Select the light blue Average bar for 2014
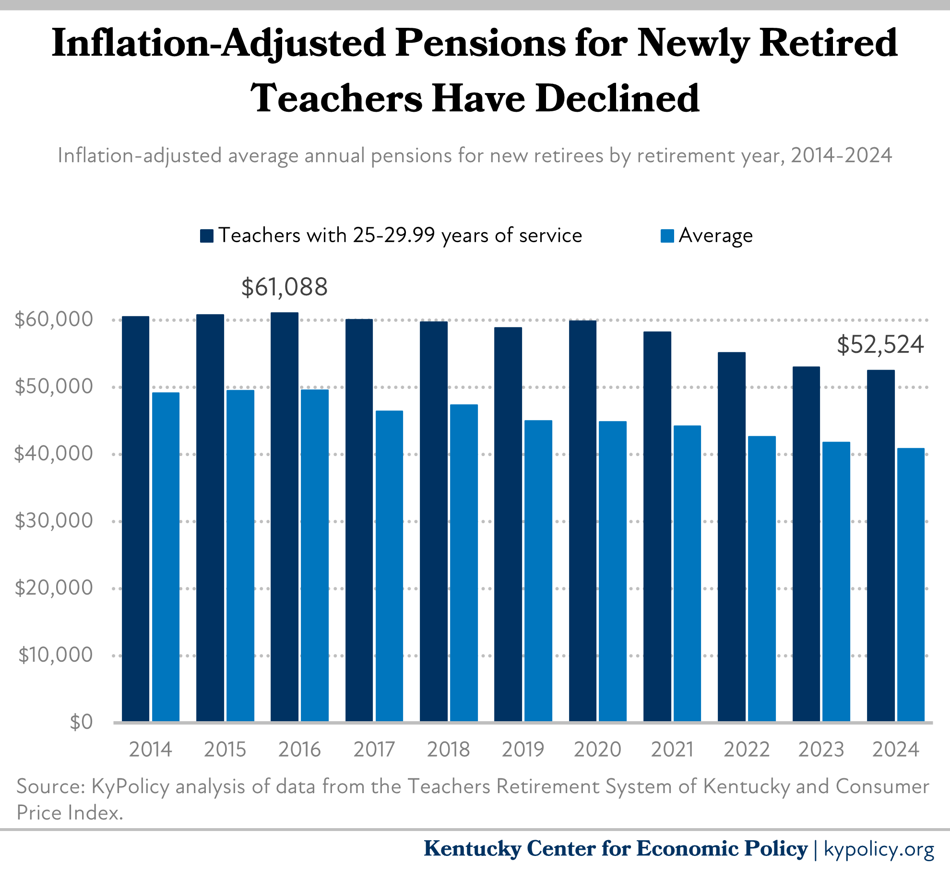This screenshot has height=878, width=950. point(166,556)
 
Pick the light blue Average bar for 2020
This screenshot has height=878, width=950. point(613,571)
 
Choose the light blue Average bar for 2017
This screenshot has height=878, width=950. point(389,566)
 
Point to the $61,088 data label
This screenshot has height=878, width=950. point(285,287)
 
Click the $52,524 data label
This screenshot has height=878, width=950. point(880,345)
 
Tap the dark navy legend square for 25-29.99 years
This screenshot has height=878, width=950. point(207,236)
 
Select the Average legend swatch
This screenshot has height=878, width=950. point(667,236)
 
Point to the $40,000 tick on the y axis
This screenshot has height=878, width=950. point(53,454)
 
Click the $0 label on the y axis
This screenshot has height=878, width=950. point(81,722)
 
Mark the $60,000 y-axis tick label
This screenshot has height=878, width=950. point(53,319)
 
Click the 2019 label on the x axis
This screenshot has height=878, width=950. point(522,749)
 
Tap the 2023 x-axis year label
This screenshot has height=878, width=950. point(820,749)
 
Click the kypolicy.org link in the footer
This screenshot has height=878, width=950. point(879,849)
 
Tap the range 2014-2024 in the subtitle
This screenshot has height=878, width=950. point(841,155)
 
